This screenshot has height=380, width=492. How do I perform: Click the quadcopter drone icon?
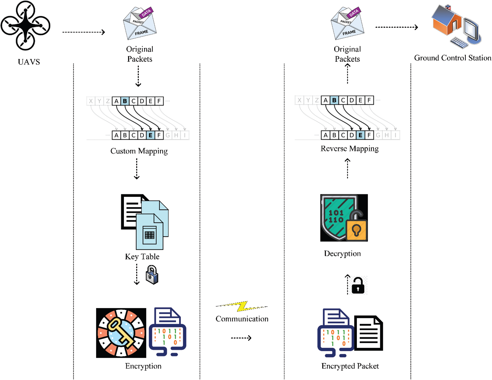point(25,25)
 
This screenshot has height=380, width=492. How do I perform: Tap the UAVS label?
point(29,62)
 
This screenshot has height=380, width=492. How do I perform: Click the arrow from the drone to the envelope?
point(83,32)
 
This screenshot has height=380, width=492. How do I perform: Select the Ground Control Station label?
point(453,58)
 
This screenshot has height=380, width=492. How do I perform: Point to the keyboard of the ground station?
point(459,42)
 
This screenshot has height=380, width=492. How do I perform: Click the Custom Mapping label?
point(139,151)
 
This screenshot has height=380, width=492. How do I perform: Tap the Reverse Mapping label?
point(350,149)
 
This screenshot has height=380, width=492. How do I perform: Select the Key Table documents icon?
point(145,222)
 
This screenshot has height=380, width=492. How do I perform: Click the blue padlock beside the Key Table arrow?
point(152,275)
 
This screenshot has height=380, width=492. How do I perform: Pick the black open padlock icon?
point(358,286)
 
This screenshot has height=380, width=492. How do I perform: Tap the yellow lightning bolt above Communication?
point(242,306)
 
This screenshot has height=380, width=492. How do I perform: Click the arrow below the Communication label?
point(241,338)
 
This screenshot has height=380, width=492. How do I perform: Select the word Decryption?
point(342,254)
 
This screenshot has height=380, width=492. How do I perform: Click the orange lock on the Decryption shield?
point(356,229)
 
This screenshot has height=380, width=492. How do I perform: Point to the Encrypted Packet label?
point(350,366)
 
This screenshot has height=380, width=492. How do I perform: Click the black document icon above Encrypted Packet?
point(369,333)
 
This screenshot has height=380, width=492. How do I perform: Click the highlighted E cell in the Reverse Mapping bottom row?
point(360,135)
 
